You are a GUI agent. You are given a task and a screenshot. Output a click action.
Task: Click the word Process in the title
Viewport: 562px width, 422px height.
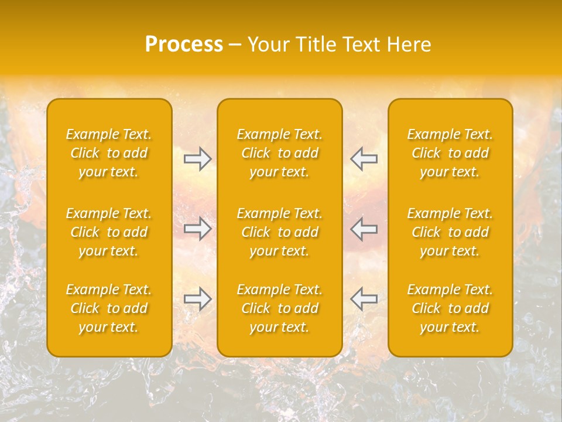coord(184,45)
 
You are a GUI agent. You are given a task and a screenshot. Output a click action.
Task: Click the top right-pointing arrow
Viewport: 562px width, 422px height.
coord(197,159)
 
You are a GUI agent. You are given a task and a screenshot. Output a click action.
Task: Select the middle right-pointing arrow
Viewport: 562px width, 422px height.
coord(197,228)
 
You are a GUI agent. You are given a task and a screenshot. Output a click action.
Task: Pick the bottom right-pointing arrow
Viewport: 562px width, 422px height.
coord(197,299)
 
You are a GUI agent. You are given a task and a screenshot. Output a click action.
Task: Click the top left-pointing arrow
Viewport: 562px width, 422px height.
coord(364,159)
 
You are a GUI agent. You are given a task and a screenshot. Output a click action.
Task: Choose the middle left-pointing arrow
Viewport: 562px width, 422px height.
coord(364,228)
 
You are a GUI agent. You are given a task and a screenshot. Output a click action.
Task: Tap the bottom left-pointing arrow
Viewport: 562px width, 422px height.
coord(364,299)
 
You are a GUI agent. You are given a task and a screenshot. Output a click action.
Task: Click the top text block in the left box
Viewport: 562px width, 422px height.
coord(109,153)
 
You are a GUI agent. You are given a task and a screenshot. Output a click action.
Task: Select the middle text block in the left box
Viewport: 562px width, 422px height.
coord(109,232)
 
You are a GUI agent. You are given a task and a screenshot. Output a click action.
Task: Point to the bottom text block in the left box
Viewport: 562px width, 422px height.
coord(109,308)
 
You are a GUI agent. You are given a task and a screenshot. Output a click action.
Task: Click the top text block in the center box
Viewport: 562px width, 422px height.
coord(280,153)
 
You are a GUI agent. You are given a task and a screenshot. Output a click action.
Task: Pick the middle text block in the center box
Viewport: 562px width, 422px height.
coord(280,232)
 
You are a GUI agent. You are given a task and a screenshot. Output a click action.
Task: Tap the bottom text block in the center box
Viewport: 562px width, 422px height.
coord(280,308)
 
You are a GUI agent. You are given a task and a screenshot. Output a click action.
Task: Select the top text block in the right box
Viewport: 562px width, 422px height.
coord(450,153)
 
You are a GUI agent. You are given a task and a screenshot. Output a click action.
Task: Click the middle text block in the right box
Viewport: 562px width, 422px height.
coord(450,232)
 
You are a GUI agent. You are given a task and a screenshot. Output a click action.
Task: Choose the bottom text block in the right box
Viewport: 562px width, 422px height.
coord(450,308)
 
